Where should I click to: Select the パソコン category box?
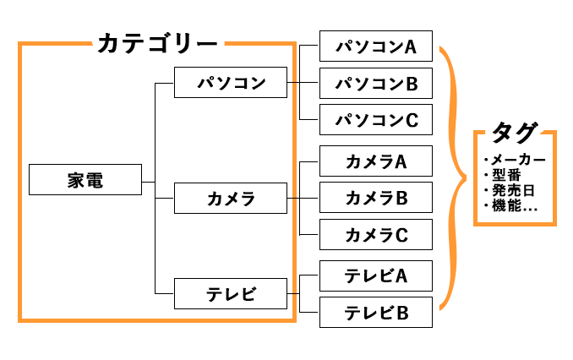231,84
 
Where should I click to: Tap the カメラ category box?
231,199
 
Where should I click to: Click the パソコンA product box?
376,46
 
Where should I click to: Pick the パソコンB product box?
376,84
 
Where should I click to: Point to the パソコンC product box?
376,120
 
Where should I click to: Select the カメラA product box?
376,161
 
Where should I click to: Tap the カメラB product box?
376,198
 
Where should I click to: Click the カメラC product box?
376,234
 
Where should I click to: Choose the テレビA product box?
376,275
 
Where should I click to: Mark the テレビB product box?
376,313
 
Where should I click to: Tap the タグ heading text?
514,133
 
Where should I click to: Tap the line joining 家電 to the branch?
149,181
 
